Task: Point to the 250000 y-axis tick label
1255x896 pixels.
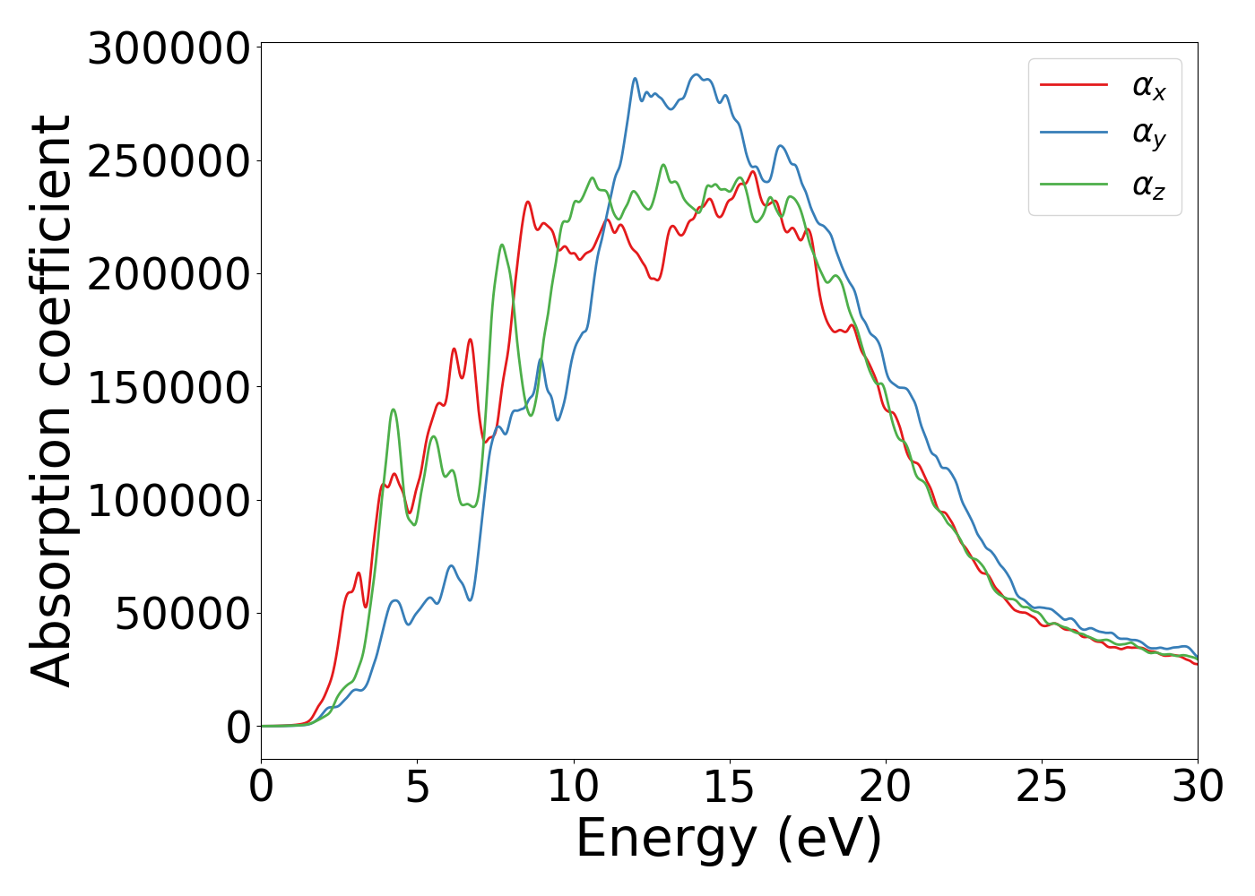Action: [x=168, y=161]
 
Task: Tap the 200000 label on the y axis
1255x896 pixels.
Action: [x=168, y=274]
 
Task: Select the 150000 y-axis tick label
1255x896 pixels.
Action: [x=168, y=388]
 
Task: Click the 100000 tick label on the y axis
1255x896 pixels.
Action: [x=168, y=501]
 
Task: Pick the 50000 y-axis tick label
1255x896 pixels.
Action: [x=182, y=615]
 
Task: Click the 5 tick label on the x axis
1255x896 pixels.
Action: [x=417, y=787]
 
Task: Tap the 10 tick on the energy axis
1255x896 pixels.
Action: [x=573, y=787]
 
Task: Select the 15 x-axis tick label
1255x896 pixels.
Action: [x=729, y=787]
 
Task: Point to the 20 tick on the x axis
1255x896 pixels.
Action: [x=886, y=787]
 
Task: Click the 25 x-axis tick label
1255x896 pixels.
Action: [x=1042, y=787]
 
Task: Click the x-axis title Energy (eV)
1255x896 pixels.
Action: [x=729, y=839]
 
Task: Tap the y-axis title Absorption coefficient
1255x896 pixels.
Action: [x=51, y=401]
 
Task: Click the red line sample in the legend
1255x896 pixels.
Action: [x=1073, y=85]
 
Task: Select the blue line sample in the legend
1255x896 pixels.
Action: [x=1073, y=133]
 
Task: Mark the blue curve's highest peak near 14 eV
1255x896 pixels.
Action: [x=697, y=74]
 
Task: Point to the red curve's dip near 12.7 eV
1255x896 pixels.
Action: [x=657, y=280]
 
